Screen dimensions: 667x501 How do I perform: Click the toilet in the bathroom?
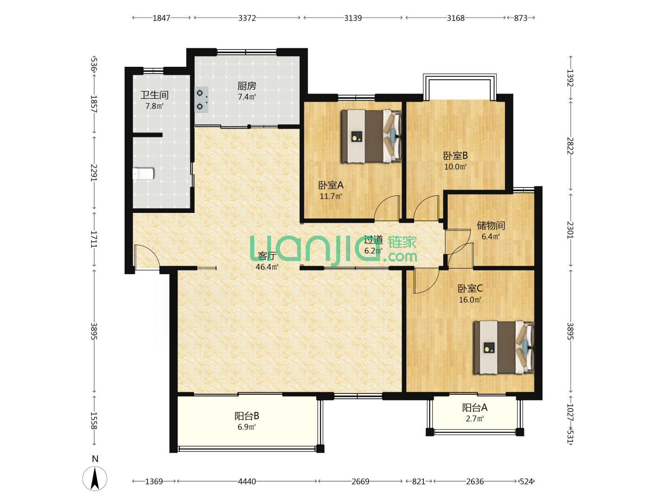tap(143, 173)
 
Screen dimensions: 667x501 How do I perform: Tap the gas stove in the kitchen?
tap(201, 99)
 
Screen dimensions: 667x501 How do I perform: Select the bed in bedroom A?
tap(371, 136)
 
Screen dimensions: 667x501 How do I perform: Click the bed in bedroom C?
tap(503, 347)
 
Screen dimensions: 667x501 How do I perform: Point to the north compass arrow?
tap(95, 478)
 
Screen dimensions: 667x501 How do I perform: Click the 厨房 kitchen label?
tap(246, 86)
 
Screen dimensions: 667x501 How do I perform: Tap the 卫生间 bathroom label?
tap(154, 95)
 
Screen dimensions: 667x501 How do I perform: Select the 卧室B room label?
tap(455, 156)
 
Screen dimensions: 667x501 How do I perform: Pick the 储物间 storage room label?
tap(491, 225)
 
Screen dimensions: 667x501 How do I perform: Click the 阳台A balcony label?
tap(475, 407)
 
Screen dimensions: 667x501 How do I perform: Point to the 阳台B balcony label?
tap(246, 416)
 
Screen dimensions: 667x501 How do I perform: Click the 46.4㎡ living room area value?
tap(267, 267)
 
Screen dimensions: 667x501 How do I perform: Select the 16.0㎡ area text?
tap(470, 300)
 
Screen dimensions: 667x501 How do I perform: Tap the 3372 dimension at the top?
tap(247, 18)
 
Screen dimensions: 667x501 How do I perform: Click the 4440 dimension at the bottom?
tap(247, 481)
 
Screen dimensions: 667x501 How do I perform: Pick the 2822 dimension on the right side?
tap(570, 146)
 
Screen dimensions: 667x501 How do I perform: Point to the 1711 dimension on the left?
tap(94, 239)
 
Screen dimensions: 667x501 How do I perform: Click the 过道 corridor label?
tap(373, 240)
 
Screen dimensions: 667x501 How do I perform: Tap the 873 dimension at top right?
tap(521, 18)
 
